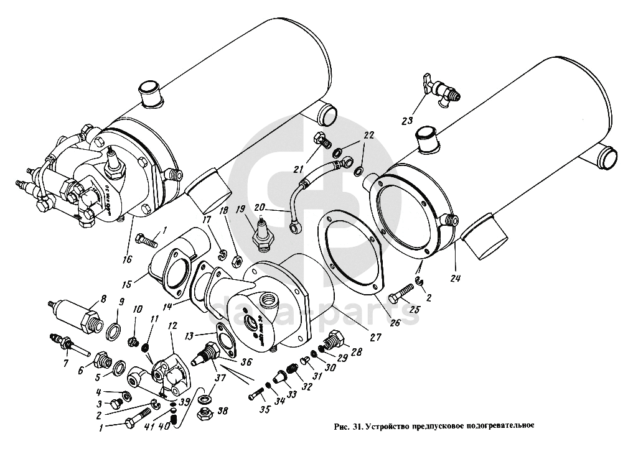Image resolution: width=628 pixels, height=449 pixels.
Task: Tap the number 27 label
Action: coord(375,338)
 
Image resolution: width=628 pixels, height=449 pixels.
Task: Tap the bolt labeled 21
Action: coord(322,141)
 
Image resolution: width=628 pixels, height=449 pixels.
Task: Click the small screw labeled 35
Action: coord(256,395)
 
